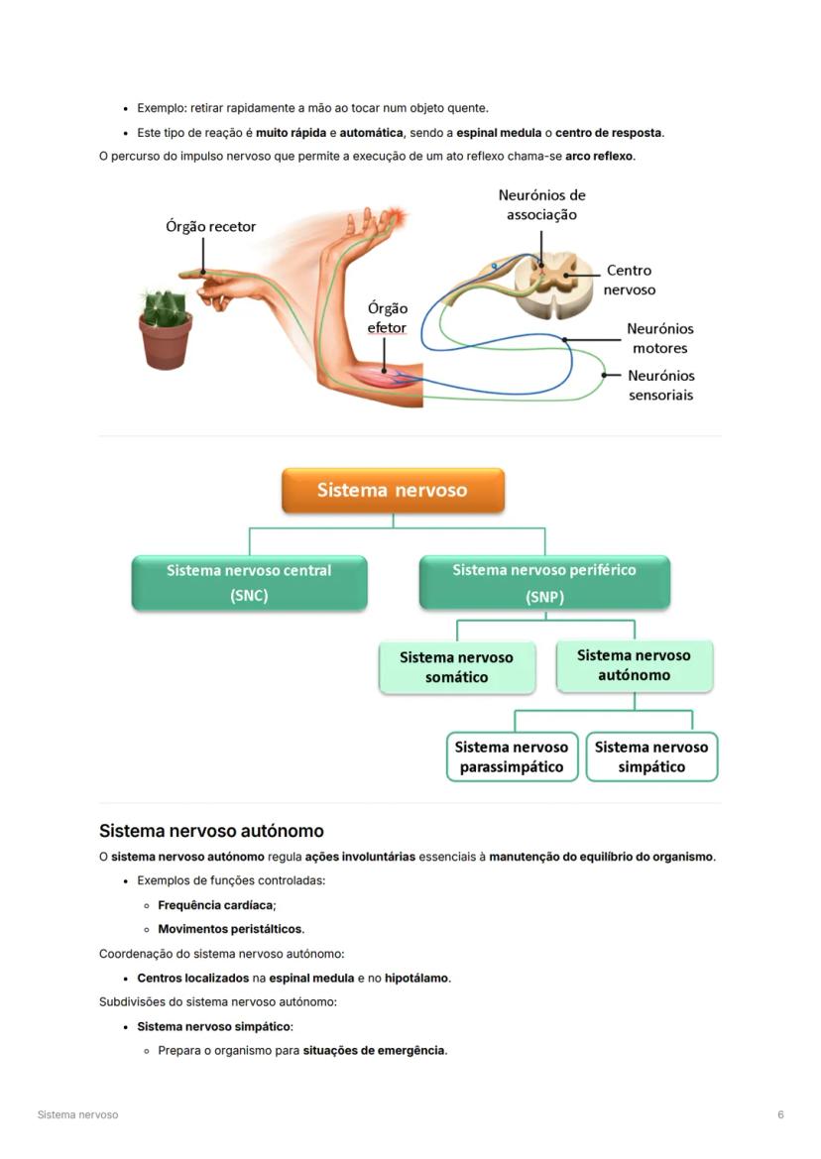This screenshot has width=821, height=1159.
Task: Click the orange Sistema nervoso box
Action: coord(393,490)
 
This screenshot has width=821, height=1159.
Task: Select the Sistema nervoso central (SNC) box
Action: coord(249,583)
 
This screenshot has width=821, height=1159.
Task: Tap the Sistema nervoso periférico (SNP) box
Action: coord(544,583)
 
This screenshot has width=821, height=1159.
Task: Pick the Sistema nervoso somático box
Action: coord(457,667)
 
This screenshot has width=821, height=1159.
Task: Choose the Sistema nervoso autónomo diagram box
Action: coord(634,665)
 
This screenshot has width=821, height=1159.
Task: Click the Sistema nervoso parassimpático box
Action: coord(512,756)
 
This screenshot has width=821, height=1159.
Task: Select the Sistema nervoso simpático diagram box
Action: coord(651,756)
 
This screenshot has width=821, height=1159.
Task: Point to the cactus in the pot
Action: coord(164,326)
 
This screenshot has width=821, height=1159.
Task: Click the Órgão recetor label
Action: coord(210,227)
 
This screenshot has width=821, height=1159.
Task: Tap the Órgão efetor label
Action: coord(387,318)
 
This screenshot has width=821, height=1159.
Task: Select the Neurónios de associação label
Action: coord(541,205)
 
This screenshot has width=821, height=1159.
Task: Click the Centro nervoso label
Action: coord(630,280)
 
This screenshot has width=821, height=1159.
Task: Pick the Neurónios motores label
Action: coord(660,338)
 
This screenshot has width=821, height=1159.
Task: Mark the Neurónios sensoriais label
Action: coord(661,385)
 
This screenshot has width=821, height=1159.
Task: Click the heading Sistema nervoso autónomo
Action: coord(211,831)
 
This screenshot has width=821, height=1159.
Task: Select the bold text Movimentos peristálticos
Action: coord(230,929)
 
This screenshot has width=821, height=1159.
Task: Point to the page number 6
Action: coord(780,1114)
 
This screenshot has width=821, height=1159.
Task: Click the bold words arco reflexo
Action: coord(599,157)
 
